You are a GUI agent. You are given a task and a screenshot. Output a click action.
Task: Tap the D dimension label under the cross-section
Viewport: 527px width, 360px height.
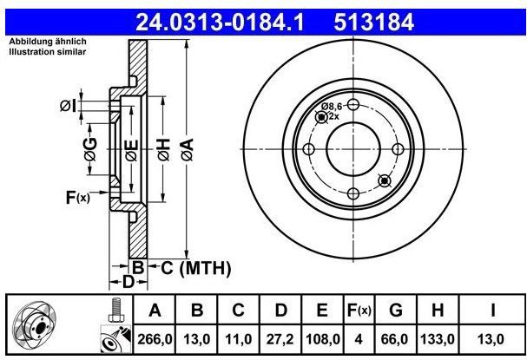tap(128, 283)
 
